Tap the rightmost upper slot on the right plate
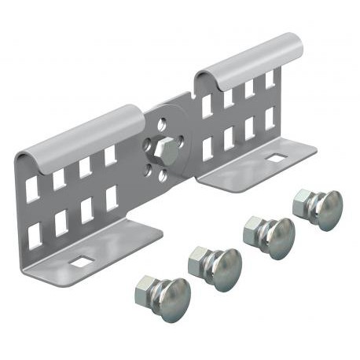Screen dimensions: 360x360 pyautogui.click(x=270, y=80)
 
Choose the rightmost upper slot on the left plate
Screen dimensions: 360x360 pyautogui.click(x=110, y=156)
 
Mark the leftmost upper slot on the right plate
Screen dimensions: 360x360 pyautogui.click(x=207, y=107)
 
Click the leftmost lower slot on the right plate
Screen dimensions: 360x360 pyautogui.click(x=208, y=149)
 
